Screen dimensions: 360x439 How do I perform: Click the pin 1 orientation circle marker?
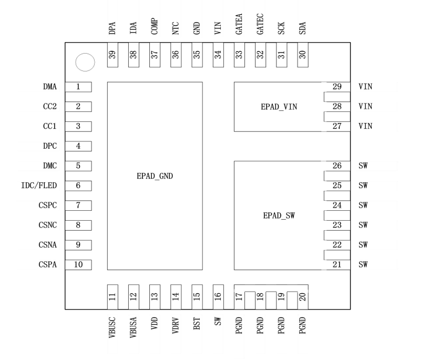[85, 63]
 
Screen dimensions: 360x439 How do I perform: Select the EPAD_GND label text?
[155, 177]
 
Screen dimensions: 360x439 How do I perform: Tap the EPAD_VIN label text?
[279, 106]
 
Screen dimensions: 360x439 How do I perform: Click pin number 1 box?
[78, 87]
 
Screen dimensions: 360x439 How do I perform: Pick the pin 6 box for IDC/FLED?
[78, 186]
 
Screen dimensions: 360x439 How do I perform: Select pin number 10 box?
[78, 264]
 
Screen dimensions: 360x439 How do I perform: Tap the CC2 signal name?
[50, 107]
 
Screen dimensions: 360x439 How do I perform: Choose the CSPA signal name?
[48, 264]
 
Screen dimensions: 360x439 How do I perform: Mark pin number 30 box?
[302, 55]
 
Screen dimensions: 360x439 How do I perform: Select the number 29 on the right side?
[337, 87]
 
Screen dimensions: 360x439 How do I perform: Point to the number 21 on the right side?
[337, 264]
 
